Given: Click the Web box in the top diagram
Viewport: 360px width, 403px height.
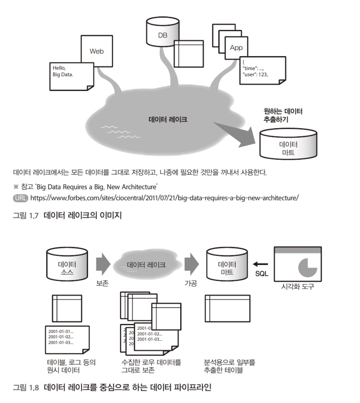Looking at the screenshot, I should [97, 51].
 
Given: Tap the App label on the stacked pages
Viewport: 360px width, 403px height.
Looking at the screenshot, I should [236, 48].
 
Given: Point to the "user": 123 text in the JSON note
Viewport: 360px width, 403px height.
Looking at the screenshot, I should [255, 74].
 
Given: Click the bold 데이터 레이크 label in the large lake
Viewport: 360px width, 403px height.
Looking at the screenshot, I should [168, 120].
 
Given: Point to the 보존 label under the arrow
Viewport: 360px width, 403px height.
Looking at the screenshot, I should [102, 284].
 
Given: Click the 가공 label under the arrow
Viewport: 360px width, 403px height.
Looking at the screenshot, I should [191, 284].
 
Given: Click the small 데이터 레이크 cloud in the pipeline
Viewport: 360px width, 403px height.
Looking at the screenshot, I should [146, 265].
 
